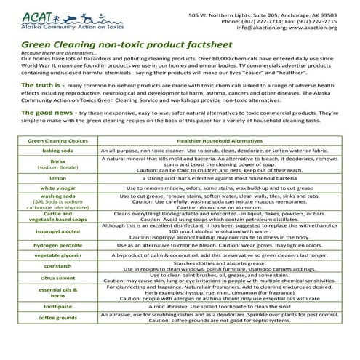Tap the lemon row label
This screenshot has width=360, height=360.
click(57, 177)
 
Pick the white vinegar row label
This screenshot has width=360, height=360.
click(57, 187)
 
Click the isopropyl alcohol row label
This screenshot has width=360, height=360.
click(57, 231)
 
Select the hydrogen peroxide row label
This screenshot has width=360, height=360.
click(57, 246)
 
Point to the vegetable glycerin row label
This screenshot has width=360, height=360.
click(57, 257)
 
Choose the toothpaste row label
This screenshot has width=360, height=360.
click(57, 307)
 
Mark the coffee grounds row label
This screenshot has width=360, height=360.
click(57, 319)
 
